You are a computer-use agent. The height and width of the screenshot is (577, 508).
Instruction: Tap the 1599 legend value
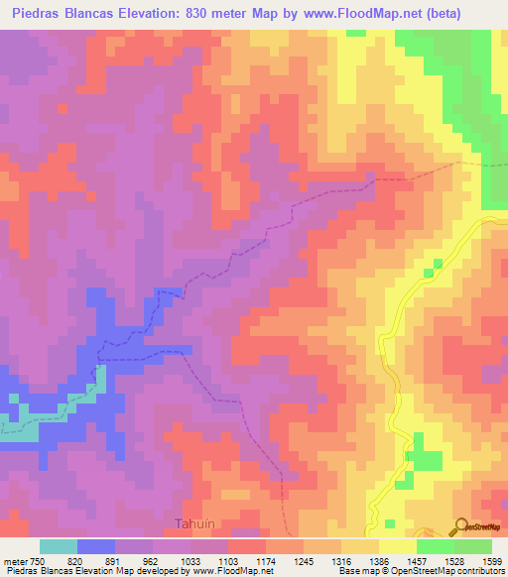click(491, 560)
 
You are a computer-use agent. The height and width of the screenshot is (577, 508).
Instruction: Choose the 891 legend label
click(117, 560)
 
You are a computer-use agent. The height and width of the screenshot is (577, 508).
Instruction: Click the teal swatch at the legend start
click(59, 546)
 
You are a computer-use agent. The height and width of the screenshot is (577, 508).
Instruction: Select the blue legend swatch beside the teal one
click(96, 546)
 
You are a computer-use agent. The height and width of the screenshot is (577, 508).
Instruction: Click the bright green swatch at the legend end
click(472, 546)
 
